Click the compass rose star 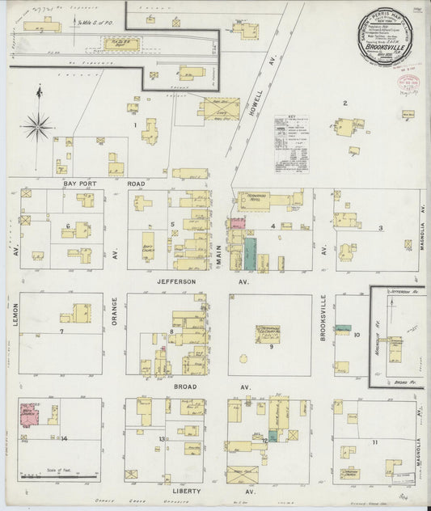pyautogui.click(x=39, y=125)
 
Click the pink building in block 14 pyautogui.click(x=30, y=416)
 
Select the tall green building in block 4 pyautogui.click(x=251, y=253)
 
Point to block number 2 pyautogui.click(x=344, y=103)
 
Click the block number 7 pyautogui.click(x=61, y=332)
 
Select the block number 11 pyautogui.click(x=374, y=442)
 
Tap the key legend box pyautogui.click(x=292, y=141)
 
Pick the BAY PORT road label pyautogui.click(x=80, y=184)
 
